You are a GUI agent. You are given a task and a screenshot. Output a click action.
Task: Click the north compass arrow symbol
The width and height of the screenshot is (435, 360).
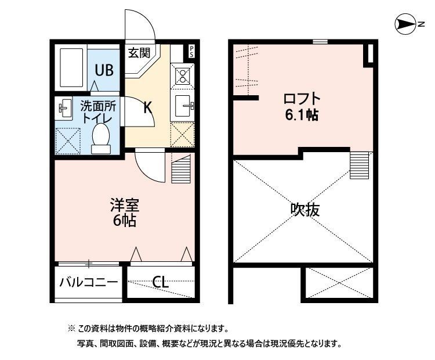[x=408, y=24]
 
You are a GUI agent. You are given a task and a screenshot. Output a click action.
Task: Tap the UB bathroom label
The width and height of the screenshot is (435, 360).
[x=104, y=70]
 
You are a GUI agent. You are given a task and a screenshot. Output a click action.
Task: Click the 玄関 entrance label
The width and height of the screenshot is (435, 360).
[x=139, y=53]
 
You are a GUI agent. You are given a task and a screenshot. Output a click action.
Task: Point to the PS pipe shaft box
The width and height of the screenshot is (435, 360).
[x=191, y=51]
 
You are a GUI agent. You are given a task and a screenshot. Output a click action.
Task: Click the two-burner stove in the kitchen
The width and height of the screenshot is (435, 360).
[x=182, y=75]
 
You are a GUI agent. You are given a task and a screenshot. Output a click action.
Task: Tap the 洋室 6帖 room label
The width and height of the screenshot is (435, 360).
[x=125, y=213]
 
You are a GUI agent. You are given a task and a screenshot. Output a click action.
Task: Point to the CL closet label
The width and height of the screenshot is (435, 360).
[x=160, y=283]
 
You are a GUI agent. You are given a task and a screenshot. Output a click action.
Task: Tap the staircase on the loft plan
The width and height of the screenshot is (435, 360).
[x=359, y=164]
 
